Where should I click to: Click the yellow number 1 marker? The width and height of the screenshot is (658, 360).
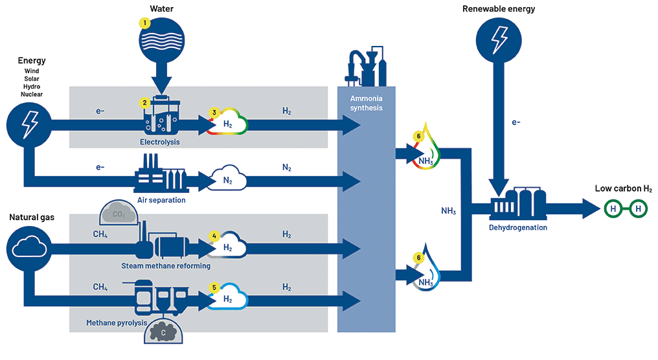pos(145,23)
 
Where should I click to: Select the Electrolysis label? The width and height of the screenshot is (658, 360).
pos(159,141)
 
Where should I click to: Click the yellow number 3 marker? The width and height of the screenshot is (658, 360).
pos(214,112)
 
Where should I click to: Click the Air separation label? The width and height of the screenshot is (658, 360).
pos(161,200)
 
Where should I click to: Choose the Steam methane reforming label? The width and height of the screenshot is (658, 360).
pos(166,265)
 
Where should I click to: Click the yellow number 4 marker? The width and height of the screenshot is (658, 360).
pos(214,236)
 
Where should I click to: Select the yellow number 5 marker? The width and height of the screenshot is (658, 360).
pos(214,287)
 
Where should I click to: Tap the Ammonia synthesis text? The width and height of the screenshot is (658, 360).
pos(366,103)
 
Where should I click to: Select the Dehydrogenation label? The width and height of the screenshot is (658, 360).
pos(518,227)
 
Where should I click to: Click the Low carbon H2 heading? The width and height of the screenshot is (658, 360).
pos(623,188)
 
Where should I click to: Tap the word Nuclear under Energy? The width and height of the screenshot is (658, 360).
pos(32,95)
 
